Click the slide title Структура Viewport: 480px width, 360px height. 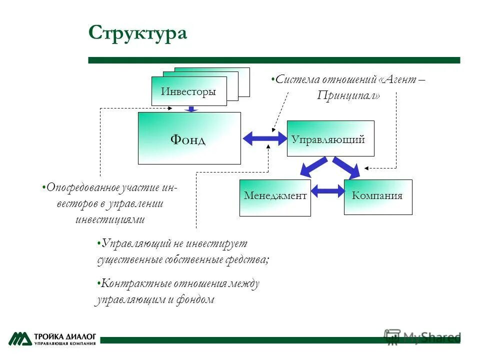[137, 33]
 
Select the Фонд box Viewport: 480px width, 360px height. [189, 138]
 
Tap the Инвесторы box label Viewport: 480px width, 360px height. [188, 91]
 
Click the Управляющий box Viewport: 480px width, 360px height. [330, 139]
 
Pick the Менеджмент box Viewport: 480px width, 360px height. [275, 196]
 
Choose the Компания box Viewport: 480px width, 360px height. [377, 196]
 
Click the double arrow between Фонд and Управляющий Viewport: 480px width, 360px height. [264, 138]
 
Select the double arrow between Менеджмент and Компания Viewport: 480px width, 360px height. [327, 190]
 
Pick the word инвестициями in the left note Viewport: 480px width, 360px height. [110, 219]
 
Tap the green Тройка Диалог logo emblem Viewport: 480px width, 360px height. [19, 338]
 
